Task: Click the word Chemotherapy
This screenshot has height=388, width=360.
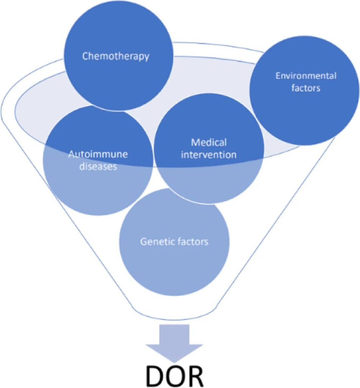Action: click(116, 57)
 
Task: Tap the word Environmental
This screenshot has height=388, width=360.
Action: click(306, 76)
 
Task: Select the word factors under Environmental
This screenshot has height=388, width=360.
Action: click(306, 88)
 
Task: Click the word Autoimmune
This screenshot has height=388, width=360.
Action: click(98, 155)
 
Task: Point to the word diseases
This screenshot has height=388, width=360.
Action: click(98, 166)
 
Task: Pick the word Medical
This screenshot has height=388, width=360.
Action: click(209, 142)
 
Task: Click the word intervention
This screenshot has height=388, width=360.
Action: click(209, 155)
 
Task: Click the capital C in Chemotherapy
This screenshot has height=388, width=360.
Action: click(86, 57)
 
